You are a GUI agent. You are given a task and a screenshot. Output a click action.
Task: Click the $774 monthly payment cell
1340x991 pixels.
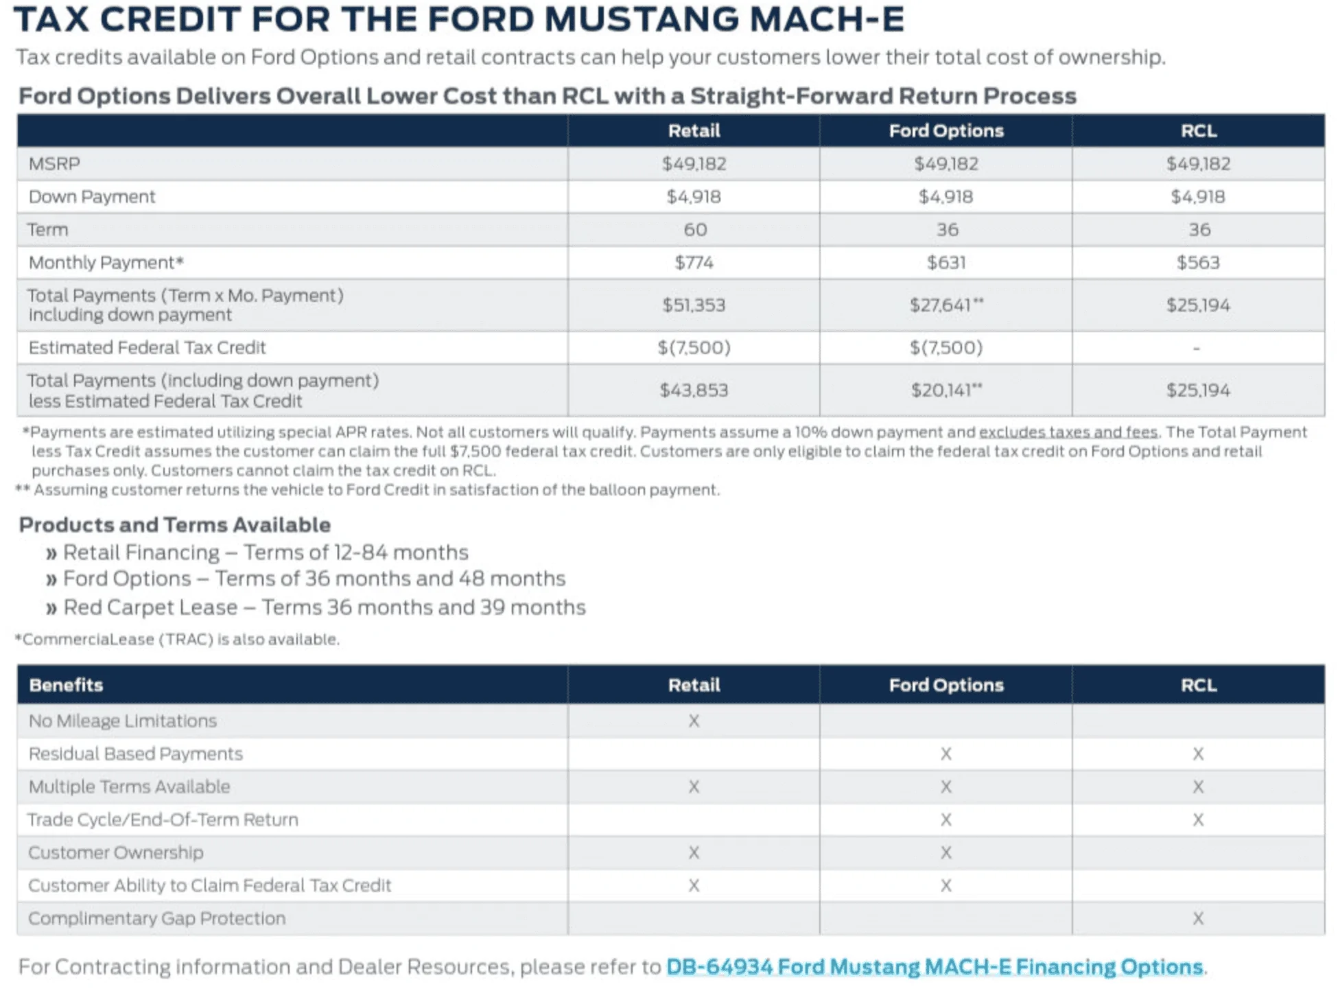[694, 263]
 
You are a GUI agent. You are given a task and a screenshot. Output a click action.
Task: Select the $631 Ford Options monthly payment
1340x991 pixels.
[945, 263]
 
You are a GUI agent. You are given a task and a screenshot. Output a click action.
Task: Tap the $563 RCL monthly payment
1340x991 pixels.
[1198, 263]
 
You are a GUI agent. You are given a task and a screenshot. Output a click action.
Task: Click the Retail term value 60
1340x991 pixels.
[694, 230]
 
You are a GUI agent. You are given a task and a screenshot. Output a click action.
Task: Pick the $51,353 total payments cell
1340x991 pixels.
[694, 305]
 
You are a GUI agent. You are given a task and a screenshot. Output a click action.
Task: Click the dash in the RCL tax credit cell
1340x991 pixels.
[1197, 349]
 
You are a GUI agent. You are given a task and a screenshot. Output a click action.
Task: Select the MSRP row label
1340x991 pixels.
[54, 164]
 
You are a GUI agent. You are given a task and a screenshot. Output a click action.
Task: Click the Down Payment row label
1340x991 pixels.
[92, 197]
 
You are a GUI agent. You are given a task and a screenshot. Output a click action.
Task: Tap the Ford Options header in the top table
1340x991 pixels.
[945, 131]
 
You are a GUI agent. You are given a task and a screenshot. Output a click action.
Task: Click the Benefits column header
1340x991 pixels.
[66, 685]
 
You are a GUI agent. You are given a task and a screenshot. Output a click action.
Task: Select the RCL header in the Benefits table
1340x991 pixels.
[1198, 685]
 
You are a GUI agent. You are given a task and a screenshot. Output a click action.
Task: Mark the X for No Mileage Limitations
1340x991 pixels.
[694, 721]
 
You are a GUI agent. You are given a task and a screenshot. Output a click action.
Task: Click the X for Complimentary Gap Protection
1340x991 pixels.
[1198, 919]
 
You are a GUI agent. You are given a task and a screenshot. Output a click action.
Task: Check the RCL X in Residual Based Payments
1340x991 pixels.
[1198, 754]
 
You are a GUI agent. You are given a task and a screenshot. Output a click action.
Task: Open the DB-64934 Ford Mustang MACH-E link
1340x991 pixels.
[934, 967]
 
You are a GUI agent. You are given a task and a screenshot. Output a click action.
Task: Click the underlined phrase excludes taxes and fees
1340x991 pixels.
[1068, 432]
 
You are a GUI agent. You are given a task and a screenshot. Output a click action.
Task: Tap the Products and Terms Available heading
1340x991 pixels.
[174, 525]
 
